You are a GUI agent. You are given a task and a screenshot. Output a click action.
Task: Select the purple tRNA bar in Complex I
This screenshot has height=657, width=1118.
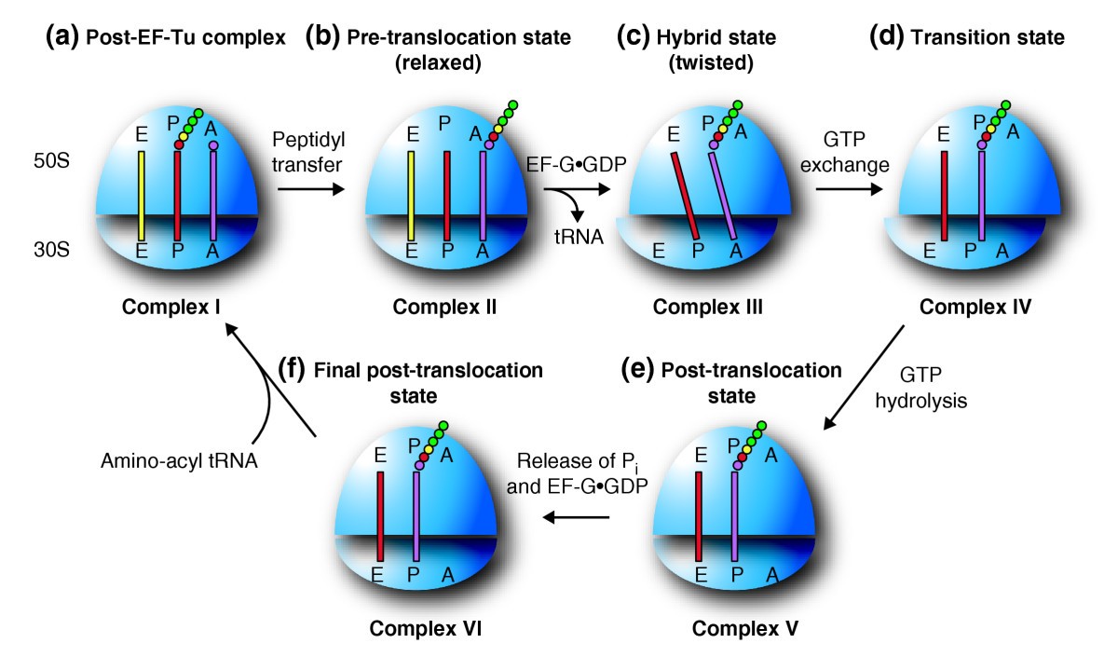point(213,198)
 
